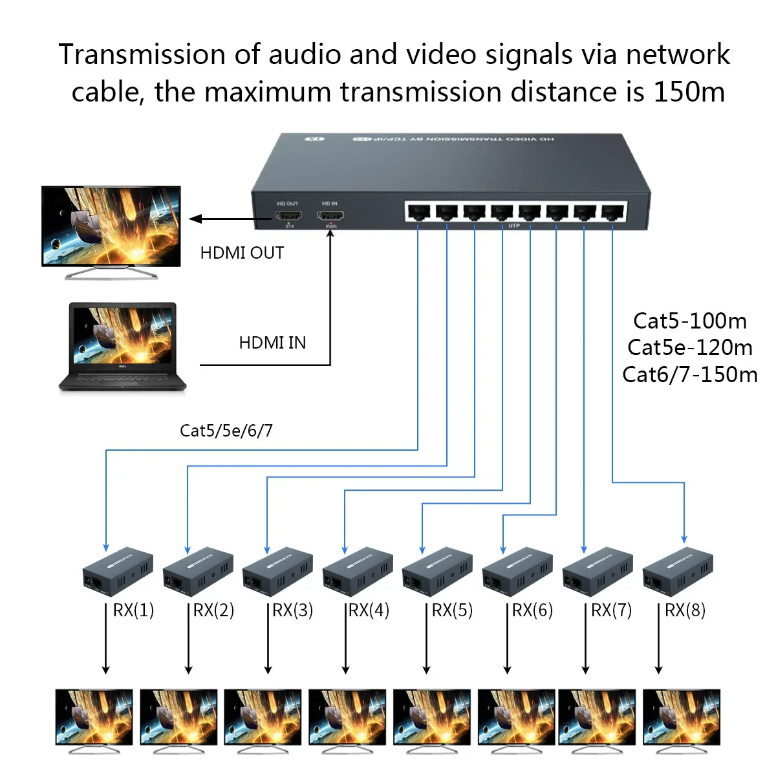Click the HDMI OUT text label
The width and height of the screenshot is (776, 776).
pos(242,253)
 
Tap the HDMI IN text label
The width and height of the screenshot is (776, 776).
pos(272,343)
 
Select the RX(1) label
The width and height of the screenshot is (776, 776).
pos(133,610)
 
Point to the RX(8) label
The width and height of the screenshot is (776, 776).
pos(685,610)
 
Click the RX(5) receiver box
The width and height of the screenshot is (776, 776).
pos(437,572)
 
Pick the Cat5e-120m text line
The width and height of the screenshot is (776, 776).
pos(689,348)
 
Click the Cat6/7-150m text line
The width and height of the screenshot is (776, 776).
pos(689,375)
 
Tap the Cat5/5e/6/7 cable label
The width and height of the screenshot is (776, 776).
pos(226,431)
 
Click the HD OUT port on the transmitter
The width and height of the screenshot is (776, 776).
pos(288,216)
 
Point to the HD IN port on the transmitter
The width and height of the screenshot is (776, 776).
pos(330,216)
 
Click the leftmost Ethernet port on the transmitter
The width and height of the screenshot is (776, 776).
pos(418,211)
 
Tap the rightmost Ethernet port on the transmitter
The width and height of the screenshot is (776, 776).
pos(613,211)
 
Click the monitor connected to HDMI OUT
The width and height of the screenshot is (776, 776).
pos(111,228)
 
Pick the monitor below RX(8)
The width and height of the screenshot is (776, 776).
pos(681,718)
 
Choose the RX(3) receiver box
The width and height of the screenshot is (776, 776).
pos(277,572)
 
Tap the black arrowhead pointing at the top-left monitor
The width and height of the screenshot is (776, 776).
pos(195,219)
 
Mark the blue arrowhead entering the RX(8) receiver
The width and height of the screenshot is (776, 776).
pos(684,539)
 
